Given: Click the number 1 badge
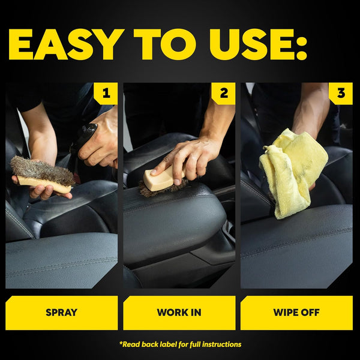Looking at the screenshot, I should [106, 94].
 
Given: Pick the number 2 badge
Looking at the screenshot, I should [224, 94].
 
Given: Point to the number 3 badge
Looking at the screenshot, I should [341, 94].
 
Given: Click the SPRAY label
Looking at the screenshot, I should [62, 313].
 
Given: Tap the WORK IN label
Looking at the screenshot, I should [179, 313].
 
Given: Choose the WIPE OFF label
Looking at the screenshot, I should [296, 313].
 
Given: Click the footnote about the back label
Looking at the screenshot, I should [180, 344].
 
